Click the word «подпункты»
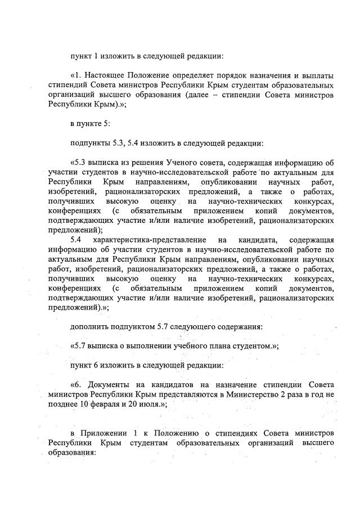(x=90, y=143)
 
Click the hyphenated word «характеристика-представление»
(x=146, y=240)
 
